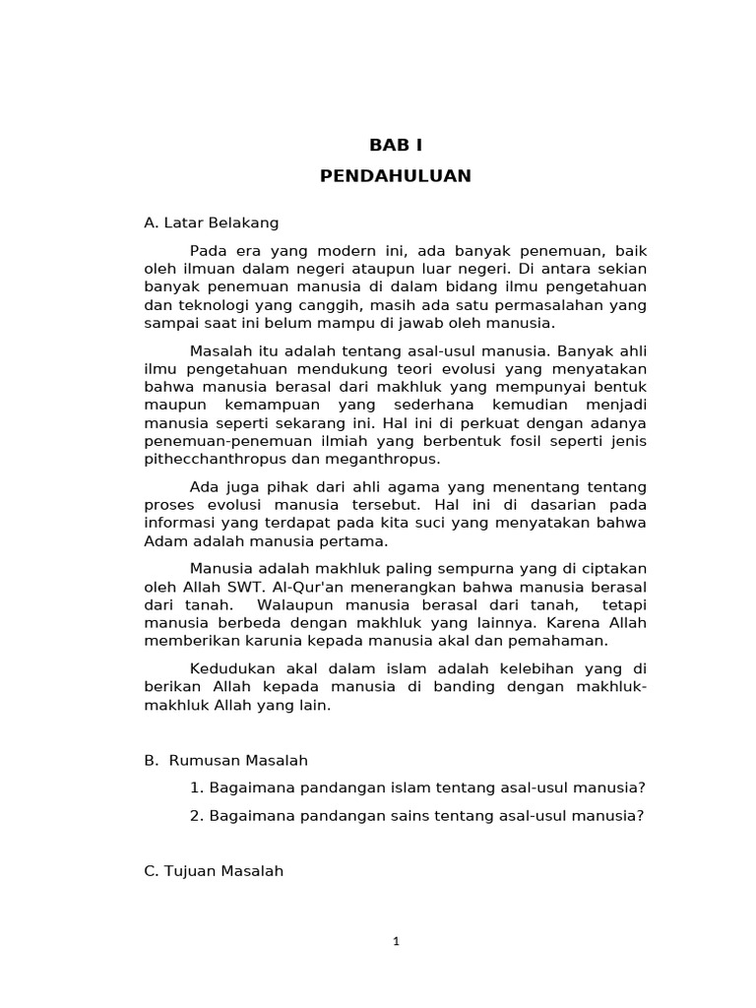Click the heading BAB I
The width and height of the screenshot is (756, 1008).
tap(395, 145)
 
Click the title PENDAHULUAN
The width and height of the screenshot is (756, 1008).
tap(396, 176)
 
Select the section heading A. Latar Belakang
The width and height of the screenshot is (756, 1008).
tap(211, 222)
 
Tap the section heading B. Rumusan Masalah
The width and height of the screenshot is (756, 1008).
tap(225, 760)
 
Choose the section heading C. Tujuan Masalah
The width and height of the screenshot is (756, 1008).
tap(214, 870)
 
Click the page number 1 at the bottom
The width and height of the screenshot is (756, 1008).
tap(396, 941)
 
